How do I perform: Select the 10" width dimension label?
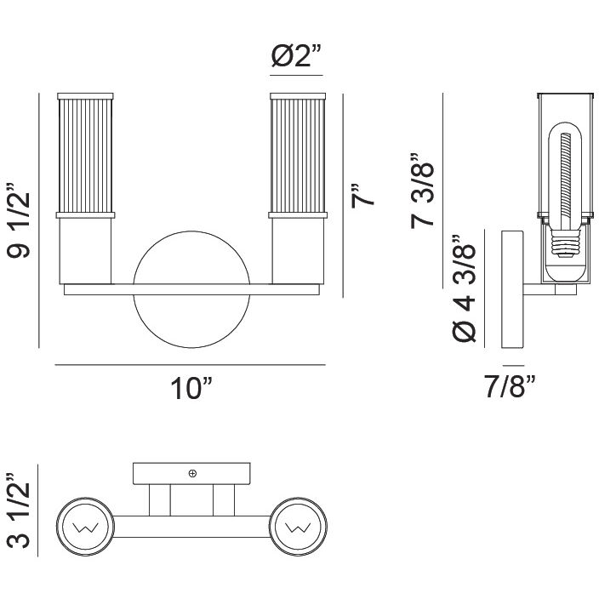point(191,390)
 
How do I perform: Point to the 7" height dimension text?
point(362,195)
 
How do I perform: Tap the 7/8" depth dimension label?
point(510,389)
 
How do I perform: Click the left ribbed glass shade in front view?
point(84,153)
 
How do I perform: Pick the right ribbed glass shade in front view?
point(297,153)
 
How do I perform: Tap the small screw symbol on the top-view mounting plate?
point(193,472)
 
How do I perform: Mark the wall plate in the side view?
point(512,289)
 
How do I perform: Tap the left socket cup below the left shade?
point(84,248)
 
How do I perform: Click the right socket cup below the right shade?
point(297,248)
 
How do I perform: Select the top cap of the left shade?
point(84,93)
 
